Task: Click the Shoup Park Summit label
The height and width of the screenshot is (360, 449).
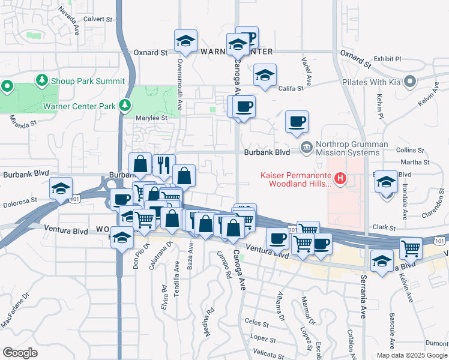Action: click(x=89, y=81)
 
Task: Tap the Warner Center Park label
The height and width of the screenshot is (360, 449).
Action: click(x=79, y=107)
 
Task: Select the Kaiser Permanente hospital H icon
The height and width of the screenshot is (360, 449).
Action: click(x=341, y=178)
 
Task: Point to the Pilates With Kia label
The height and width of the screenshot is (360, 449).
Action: click(x=371, y=82)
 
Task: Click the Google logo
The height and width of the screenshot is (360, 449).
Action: click(x=20, y=353)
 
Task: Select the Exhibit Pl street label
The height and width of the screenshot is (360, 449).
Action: click(x=387, y=59)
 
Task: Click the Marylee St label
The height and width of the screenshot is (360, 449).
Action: click(x=151, y=118)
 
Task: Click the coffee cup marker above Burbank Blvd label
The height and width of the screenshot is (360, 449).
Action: click(x=297, y=122)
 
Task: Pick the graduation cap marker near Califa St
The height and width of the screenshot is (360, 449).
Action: click(x=264, y=76)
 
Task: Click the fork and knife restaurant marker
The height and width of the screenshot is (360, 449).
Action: click(x=163, y=164)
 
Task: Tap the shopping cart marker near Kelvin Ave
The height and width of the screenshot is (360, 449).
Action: click(x=411, y=247)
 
